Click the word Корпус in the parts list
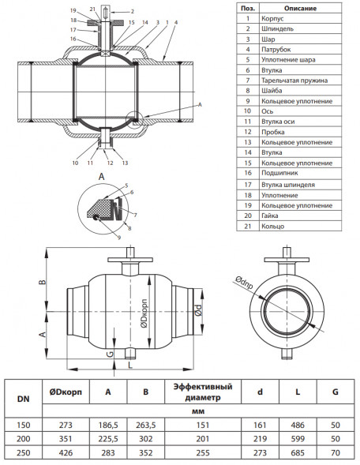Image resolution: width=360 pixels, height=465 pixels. pyautogui.click(x=272, y=19)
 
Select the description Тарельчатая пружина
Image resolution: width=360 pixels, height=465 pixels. pyautogui.click(x=294, y=81)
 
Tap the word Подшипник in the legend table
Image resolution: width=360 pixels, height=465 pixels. pyautogui.click(x=279, y=173)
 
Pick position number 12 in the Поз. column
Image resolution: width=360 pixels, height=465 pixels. pyautogui.click(x=248, y=132)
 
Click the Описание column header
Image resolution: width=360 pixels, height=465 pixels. pyautogui.click(x=300, y=9)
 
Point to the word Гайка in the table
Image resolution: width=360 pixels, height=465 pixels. pyautogui.click(x=269, y=216)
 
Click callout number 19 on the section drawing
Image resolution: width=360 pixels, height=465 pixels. pyautogui.click(x=73, y=11)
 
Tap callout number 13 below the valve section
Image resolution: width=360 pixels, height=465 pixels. pyautogui.click(x=125, y=163)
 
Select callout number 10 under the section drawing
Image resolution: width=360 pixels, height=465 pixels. pyautogui.click(x=75, y=163)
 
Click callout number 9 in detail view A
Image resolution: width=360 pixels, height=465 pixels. pyautogui.click(x=119, y=238)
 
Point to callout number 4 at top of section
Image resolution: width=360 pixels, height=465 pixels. pyautogui.click(x=176, y=22)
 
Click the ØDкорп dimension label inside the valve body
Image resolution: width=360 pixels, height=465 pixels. pyautogui.click(x=144, y=313)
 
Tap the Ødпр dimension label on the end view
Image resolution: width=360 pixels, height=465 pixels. pyautogui.click(x=245, y=282)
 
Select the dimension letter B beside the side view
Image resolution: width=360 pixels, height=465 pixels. pyautogui.click(x=43, y=280)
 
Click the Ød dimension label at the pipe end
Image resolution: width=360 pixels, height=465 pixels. pyautogui.click(x=198, y=310)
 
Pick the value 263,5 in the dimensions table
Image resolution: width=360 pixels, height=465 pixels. pyautogui.click(x=145, y=426)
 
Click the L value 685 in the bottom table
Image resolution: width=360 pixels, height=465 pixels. pyautogui.click(x=298, y=453)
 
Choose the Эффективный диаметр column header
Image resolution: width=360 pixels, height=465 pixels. pyautogui.click(x=203, y=392)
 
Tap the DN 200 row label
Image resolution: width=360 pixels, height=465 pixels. pyautogui.click(x=23, y=439)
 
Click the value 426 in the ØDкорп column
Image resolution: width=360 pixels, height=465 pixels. pyautogui.click(x=66, y=453)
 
